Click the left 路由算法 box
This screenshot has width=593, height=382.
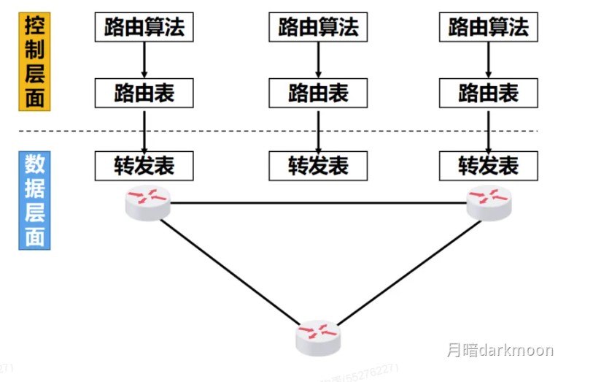pyautogui.click(x=144, y=27)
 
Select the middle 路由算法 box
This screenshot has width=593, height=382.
pyautogui.click(x=318, y=27)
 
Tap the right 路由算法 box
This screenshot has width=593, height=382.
pyautogui.click(x=488, y=27)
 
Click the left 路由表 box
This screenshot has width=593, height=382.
pyautogui.click(x=144, y=93)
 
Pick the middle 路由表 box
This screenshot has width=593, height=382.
pyautogui.click(x=318, y=93)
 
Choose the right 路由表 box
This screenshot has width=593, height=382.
pyautogui.click(x=488, y=93)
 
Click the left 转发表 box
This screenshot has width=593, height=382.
pyautogui.click(x=144, y=165)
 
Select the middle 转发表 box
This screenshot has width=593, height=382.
pyautogui.click(x=318, y=165)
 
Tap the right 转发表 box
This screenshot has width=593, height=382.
pyautogui.click(x=488, y=165)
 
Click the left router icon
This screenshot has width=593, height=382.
pyautogui.click(x=147, y=201)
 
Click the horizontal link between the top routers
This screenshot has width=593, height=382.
pyautogui.click(x=318, y=202)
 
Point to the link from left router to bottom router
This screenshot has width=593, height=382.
pyautogui.click(x=230, y=274)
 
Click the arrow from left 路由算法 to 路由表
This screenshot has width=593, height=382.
pyautogui.click(x=144, y=59)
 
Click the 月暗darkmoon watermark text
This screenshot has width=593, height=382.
pyautogui.click(x=500, y=351)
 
